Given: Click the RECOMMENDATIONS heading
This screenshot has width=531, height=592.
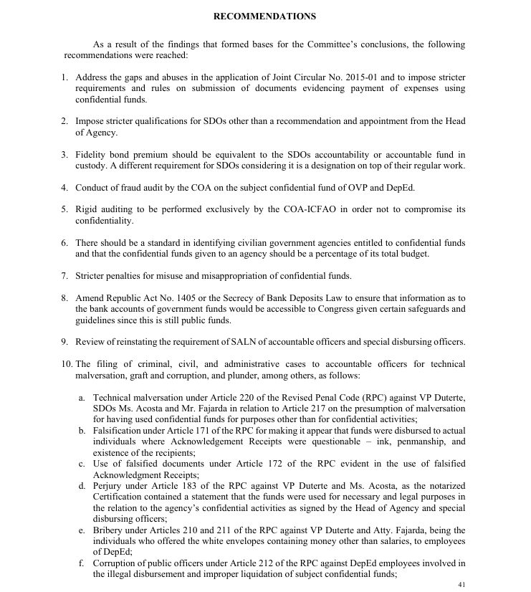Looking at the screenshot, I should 265,16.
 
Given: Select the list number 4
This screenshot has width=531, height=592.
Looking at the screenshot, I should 64,188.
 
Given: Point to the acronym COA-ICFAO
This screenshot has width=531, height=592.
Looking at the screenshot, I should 326,209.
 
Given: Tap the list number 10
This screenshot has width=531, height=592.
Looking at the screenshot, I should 66,364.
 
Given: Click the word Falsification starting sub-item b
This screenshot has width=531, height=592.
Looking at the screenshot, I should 118,430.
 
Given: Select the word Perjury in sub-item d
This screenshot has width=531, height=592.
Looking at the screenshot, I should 109,486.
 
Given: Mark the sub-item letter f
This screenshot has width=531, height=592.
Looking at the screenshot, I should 81,563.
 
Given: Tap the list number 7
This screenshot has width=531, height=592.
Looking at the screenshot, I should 64,276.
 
